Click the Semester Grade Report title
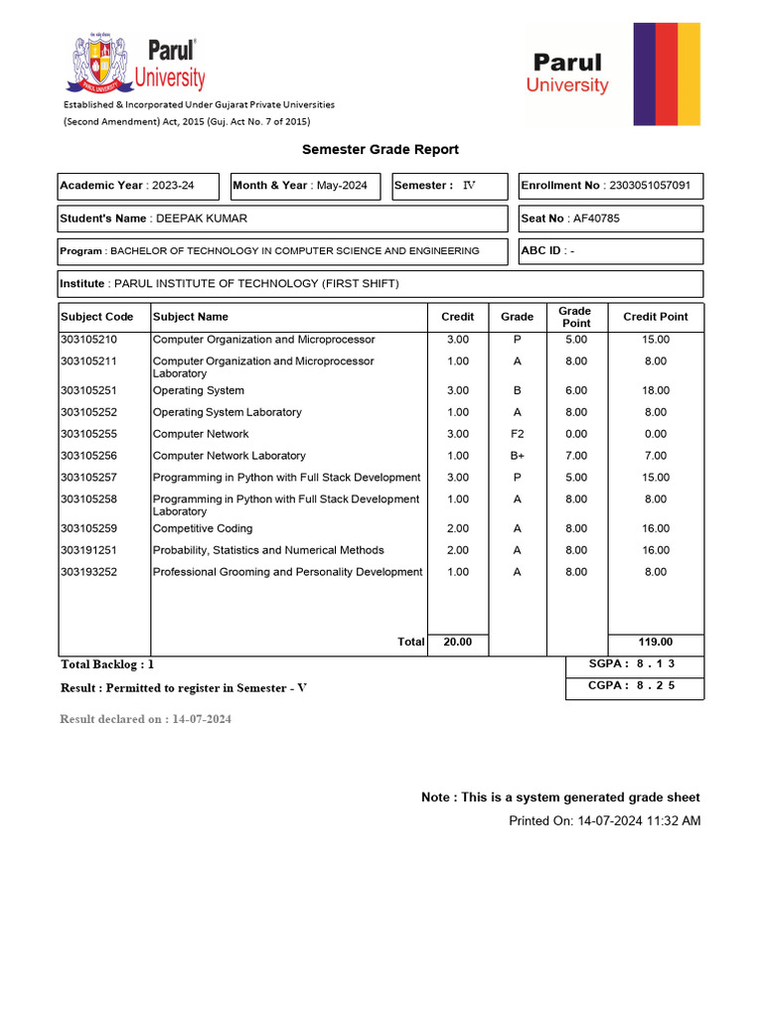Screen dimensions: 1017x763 pos(381,150)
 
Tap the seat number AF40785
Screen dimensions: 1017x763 pos(596,218)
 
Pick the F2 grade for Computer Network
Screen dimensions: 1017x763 pos(517,434)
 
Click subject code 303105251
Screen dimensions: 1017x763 pos(96,390)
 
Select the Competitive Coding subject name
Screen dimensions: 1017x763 pos(203,528)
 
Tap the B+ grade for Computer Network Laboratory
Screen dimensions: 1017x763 pos(517,456)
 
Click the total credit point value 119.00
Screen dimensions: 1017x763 pos(655,643)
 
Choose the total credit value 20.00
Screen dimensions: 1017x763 pos(457,643)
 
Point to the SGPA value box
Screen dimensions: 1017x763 pos(635,664)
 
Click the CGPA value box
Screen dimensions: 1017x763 pos(635,686)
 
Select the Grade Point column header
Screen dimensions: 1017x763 pos(574,317)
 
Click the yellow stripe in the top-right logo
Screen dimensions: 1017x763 pos(688,74)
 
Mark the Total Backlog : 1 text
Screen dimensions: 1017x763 pos(107,664)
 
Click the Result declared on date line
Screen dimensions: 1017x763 pos(145,719)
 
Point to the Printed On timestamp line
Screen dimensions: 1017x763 pos(604,821)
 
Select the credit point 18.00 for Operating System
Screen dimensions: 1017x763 pos(655,390)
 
